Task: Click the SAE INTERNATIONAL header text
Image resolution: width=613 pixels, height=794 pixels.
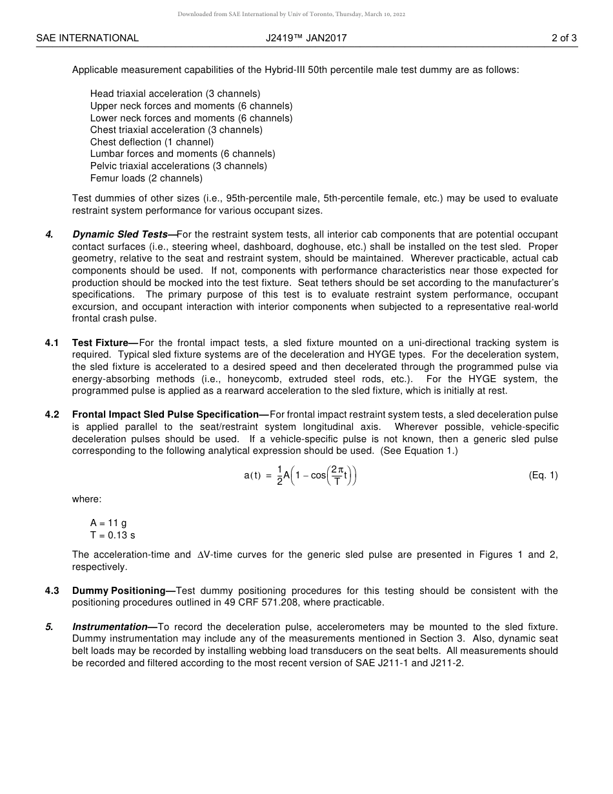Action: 87,38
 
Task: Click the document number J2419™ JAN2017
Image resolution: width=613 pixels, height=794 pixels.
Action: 306,38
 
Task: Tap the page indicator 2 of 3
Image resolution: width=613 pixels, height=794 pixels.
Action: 564,38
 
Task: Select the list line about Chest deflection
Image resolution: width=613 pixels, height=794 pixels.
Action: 152,142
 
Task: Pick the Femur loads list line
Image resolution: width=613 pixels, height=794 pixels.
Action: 146,178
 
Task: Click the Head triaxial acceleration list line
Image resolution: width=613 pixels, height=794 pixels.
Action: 175,94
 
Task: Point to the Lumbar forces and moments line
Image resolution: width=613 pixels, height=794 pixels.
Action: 183,154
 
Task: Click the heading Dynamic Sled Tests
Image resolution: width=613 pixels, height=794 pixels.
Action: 120,234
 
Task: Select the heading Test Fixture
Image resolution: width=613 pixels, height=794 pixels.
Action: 100,343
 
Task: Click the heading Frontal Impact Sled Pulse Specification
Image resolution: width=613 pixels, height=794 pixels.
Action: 165,414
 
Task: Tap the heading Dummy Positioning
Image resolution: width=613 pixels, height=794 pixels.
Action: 119,591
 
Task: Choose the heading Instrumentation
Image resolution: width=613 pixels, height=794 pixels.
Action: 110,627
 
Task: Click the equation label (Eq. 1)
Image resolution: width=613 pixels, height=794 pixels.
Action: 543,475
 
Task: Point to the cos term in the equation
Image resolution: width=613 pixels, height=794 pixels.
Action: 318,476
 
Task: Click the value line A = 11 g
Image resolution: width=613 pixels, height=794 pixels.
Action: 108,523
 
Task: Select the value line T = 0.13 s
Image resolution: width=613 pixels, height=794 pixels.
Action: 112,535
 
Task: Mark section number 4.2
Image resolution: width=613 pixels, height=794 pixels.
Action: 52,414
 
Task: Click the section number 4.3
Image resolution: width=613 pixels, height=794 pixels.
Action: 52,591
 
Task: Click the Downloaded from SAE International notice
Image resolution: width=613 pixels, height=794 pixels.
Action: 292,14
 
